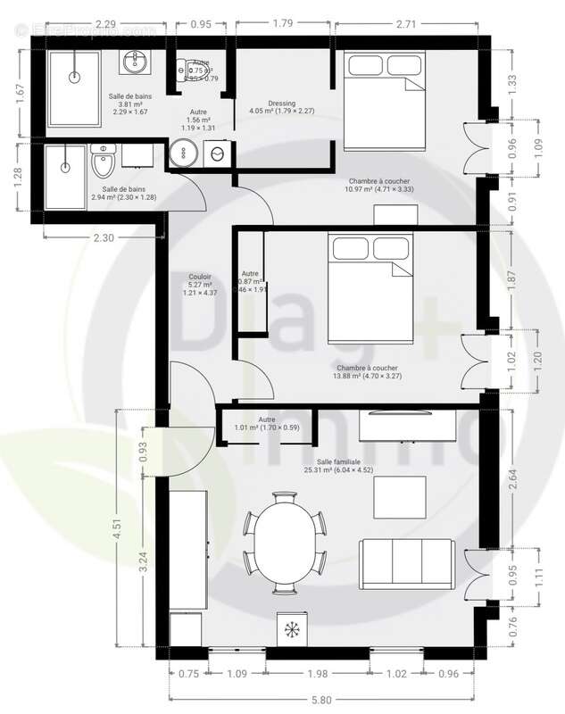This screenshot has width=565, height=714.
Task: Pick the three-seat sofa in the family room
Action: (x=407, y=564)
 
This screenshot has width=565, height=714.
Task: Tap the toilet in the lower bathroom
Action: (x=104, y=162)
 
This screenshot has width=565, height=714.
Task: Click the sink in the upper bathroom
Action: (x=136, y=61)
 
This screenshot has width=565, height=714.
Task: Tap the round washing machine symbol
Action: (x=216, y=154)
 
